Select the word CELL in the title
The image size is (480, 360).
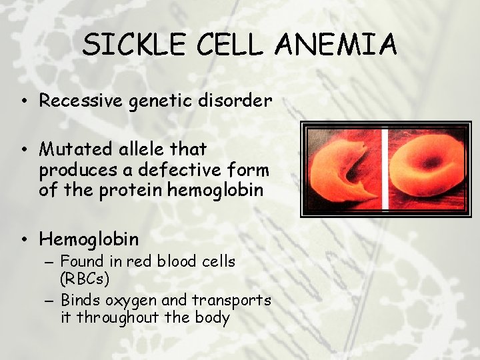233,45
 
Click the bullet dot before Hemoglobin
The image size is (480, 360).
24,239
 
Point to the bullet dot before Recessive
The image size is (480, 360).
24,101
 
